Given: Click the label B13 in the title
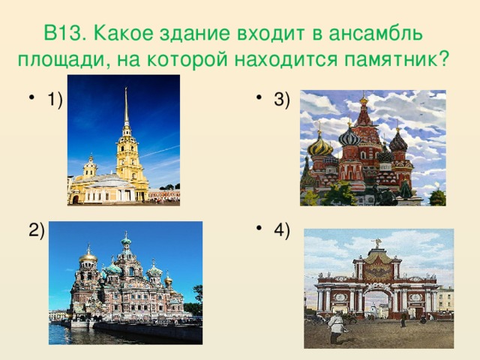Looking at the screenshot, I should (64, 34).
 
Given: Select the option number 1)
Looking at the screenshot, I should (54, 100).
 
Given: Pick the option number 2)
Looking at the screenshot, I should (36, 230).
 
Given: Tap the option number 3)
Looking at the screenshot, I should (283, 100).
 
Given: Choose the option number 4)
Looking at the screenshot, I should (283, 230).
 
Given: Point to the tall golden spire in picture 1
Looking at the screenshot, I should (126, 112).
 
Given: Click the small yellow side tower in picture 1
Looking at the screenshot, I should (90, 166).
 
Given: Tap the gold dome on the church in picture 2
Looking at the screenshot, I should (88, 257).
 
